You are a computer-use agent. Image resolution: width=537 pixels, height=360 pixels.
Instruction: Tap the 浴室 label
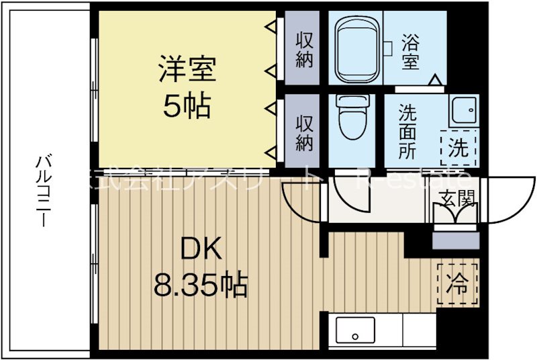411,52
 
